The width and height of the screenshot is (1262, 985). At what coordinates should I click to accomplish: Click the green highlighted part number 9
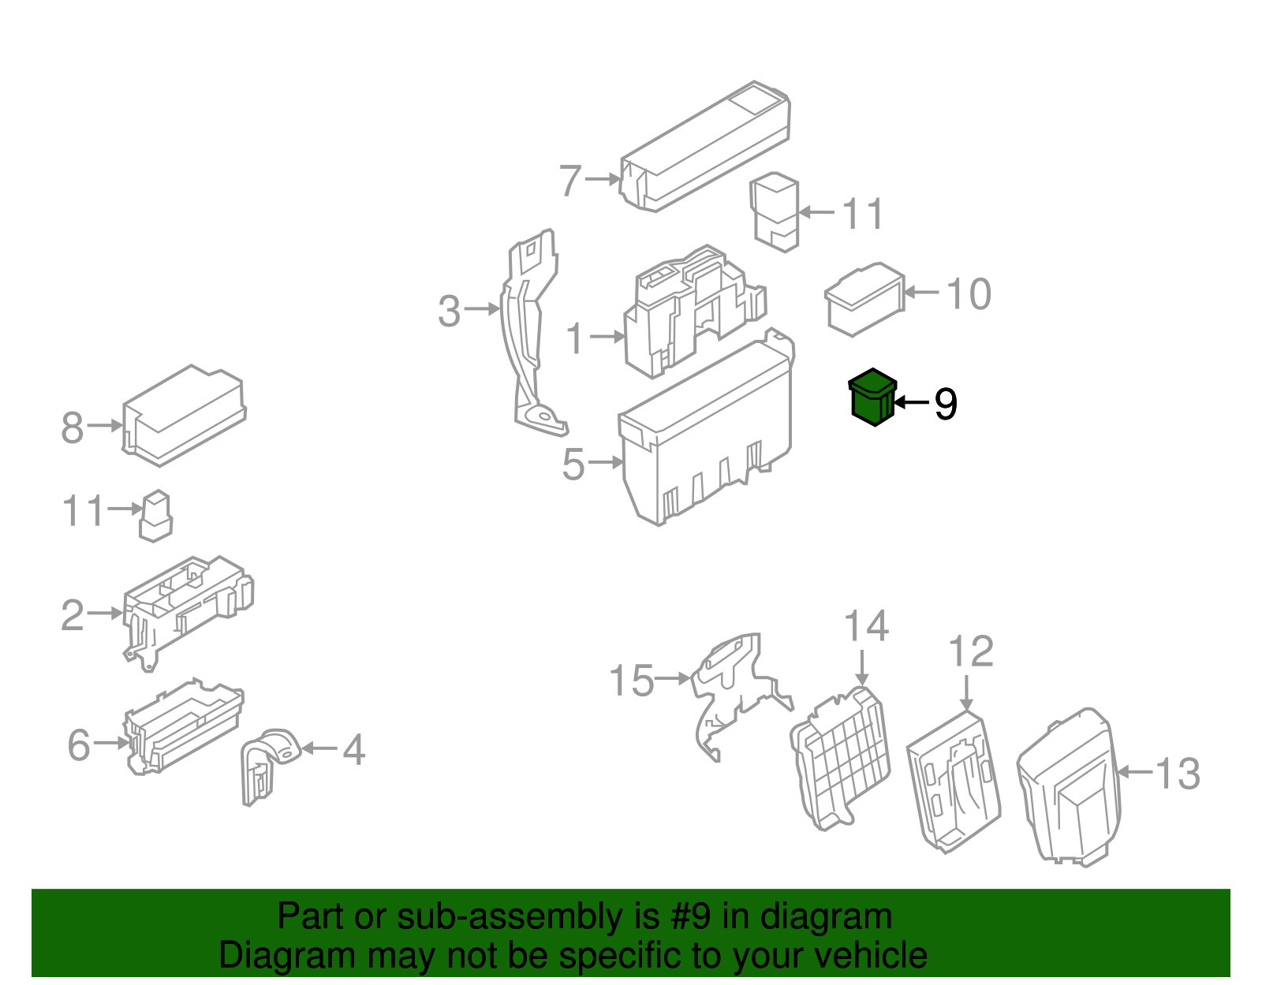pos(872,397)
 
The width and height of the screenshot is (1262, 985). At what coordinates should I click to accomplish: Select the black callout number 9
pos(945,404)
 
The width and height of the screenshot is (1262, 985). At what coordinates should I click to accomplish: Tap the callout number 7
pos(570,181)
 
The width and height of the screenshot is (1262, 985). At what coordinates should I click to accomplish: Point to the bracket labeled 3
pos(527,331)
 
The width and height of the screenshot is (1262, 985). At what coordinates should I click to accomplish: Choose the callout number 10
pos(968,294)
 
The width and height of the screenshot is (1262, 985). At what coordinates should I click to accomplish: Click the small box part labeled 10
pos(864,300)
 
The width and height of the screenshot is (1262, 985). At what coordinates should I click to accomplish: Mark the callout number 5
pos(573,464)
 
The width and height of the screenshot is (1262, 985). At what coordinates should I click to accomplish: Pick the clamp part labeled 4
pos(267,763)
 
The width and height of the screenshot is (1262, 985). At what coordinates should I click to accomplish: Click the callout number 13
pos(1178,774)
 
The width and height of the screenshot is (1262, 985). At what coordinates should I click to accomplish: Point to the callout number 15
pos(631,681)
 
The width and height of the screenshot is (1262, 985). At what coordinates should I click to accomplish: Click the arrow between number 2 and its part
pos(105,613)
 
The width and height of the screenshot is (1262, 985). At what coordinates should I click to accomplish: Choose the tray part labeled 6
pos(183,726)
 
